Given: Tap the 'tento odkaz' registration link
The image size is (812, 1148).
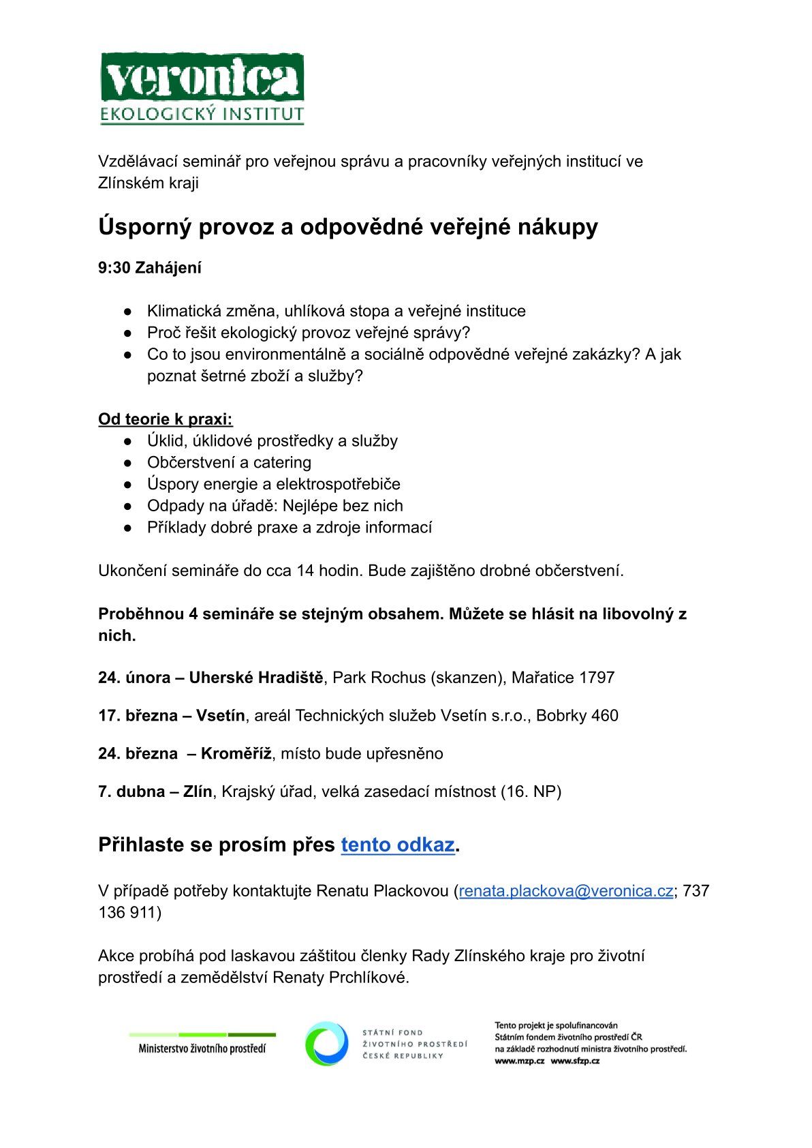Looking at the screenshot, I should tap(398, 845).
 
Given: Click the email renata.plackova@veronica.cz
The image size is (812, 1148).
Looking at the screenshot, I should tap(566, 891).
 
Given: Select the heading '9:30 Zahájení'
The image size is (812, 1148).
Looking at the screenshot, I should tap(150, 268).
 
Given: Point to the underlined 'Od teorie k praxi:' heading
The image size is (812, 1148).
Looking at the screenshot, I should tap(166, 419).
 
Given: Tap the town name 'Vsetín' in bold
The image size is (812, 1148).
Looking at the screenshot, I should tap(220, 716).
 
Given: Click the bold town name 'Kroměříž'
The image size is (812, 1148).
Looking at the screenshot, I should tap(236, 754).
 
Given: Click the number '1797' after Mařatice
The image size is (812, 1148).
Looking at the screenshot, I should tap(597, 678).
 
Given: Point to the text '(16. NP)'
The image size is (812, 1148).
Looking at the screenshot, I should tap(531, 792).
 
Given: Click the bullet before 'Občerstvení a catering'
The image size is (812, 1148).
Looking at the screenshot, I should tap(127, 463).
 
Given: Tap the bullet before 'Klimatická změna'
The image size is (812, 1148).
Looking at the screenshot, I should tap(127, 312).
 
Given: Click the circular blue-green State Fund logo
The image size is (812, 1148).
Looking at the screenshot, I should tap(326, 1044).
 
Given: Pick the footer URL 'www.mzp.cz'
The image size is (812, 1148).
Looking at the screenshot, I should tap(519, 1061).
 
